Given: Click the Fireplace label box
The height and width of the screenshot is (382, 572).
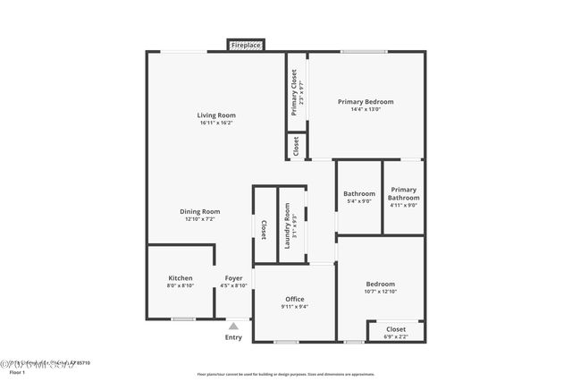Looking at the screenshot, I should pos(246,45).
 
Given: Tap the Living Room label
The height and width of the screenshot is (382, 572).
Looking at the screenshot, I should pos(216,115).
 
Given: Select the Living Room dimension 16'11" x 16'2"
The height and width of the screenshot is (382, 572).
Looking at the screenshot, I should pos(216,123).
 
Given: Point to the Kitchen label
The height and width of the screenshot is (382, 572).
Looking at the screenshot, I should pos(181,278).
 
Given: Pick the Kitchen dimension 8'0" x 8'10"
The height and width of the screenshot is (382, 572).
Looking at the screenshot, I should pos(181,286).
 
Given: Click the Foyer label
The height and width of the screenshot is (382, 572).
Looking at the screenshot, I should pos(233,278).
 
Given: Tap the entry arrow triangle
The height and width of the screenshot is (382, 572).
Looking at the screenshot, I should pos(233,326).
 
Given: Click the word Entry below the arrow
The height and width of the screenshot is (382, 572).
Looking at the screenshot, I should pos(233,337).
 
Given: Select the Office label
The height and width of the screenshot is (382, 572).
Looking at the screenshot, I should pos(295,299).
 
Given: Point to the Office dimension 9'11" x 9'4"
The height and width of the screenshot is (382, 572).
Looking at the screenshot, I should pos(295,307).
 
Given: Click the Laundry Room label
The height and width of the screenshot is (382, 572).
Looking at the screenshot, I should pos(288,226).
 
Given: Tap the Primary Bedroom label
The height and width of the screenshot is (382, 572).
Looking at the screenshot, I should pos(366,101).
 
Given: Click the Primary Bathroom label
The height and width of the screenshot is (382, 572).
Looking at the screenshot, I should pos(403,193).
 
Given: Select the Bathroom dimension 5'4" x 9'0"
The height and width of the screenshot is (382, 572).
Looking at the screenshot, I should pos(358,201).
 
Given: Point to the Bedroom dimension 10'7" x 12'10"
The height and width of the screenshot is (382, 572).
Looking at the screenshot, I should pos(380,291).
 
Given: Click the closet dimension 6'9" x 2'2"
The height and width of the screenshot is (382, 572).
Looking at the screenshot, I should pos(396,337).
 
